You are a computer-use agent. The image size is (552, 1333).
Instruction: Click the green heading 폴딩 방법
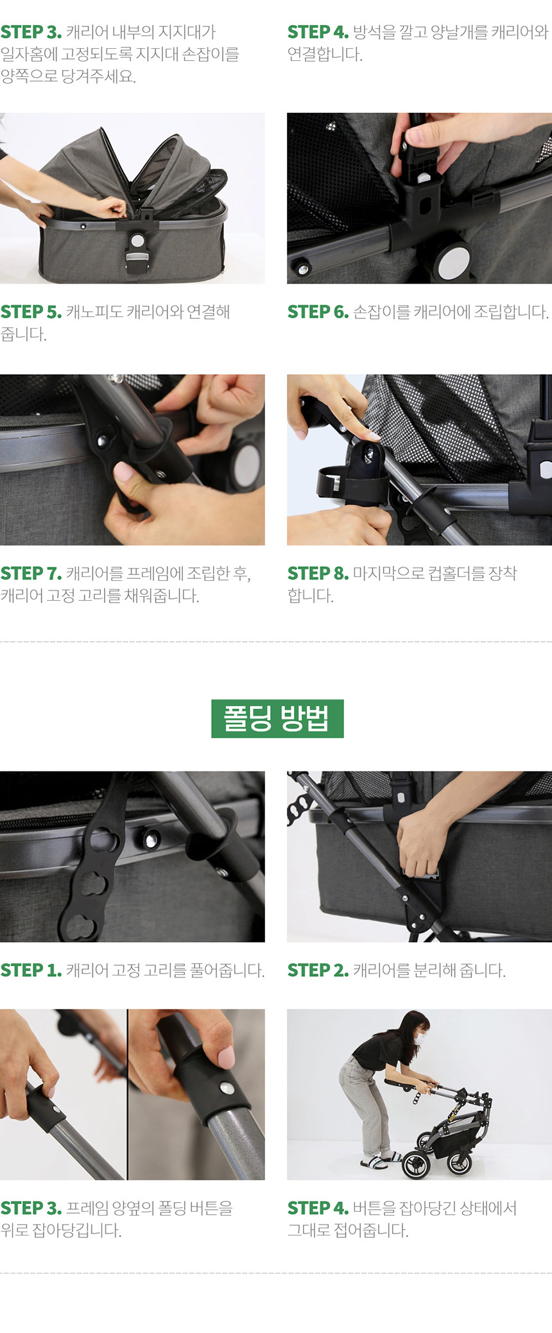pos(277,718)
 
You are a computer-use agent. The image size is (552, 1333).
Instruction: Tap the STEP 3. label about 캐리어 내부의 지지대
pos(31,31)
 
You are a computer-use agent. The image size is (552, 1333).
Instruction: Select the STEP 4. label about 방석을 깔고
pos(318,31)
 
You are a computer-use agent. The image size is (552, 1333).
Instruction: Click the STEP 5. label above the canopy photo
pos(31,312)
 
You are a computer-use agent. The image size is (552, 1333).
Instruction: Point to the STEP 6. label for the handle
pos(318,312)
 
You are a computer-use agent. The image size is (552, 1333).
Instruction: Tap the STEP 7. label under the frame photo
pos(31,573)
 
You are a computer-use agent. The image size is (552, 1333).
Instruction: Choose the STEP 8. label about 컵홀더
pos(318,573)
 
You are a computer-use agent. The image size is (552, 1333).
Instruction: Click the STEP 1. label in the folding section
pos(31,970)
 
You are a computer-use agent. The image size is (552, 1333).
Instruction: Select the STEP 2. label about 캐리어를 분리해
pos(318,970)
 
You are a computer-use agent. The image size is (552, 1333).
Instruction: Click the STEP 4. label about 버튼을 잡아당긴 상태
pos(318,1208)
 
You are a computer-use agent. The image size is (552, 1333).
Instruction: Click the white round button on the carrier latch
pos(137,241)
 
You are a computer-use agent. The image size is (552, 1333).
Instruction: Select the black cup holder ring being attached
pos(352,483)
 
